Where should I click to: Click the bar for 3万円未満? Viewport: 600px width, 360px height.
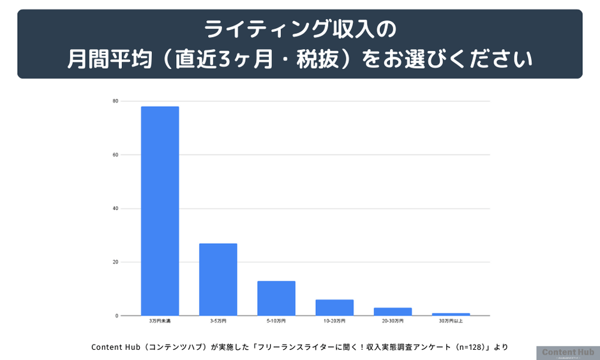click(x=160, y=211)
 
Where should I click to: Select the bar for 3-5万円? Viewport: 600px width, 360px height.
click(x=218, y=279)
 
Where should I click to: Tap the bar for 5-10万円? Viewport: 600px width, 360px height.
click(x=276, y=298)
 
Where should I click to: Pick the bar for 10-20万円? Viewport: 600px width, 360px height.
click(x=334, y=308)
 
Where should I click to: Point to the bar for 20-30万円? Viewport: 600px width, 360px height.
click(x=393, y=311)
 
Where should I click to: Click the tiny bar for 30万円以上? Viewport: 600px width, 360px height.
click(x=451, y=314)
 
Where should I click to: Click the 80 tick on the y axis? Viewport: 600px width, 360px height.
click(x=116, y=101)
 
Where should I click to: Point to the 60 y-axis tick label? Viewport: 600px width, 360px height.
click(x=116, y=154)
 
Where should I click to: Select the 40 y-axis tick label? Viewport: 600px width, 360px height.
click(x=116, y=208)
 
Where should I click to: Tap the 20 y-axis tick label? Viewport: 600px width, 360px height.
click(x=116, y=262)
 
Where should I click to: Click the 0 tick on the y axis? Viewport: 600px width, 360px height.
click(x=117, y=315)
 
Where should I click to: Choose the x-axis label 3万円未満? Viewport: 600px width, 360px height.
click(x=160, y=320)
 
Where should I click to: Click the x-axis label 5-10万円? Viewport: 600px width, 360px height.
click(x=276, y=320)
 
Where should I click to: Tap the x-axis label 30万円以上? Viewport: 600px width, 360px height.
click(x=451, y=320)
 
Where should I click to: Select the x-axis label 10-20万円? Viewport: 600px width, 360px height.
click(x=334, y=320)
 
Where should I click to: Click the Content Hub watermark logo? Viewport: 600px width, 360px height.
click(x=567, y=353)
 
